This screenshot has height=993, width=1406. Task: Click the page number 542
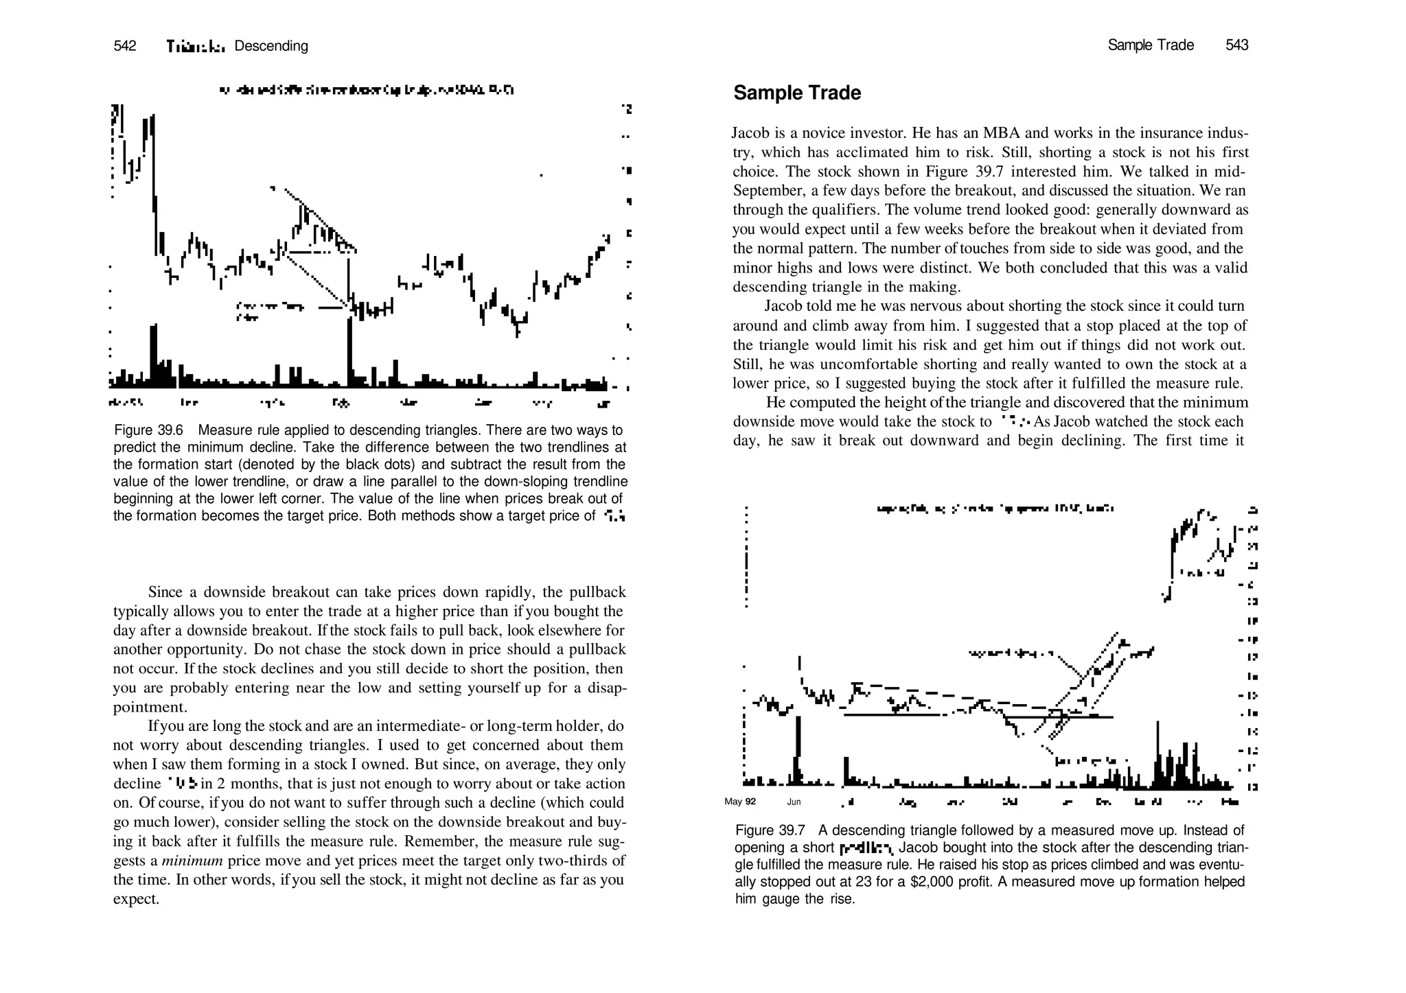pyautogui.click(x=125, y=46)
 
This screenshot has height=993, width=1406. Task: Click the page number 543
pyautogui.click(x=1236, y=45)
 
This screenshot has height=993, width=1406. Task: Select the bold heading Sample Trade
pyautogui.click(x=796, y=93)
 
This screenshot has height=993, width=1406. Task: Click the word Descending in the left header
pyautogui.click(x=271, y=46)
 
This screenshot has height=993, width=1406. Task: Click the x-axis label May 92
pyautogui.click(x=739, y=802)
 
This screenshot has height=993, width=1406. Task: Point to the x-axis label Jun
pyautogui.click(x=794, y=802)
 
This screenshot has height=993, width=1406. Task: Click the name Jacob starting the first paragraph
pyautogui.click(x=750, y=132)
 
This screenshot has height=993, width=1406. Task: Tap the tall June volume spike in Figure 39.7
pyautogui.click(x=798, y=748)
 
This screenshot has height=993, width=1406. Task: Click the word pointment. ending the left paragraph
pyautogui.click(x=150, y=707)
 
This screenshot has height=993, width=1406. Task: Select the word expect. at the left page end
pyautogui.click(x=136, y=899)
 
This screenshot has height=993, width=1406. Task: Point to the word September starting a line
pyautogui.click(x=763, y=190)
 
